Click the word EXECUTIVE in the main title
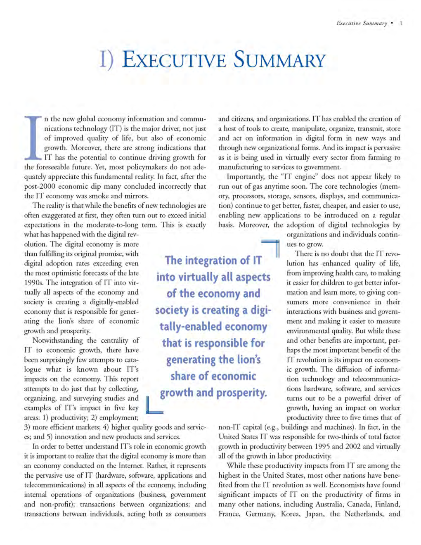coord(174,60)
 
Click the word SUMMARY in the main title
coord(279,60)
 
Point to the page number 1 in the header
coord(400,24)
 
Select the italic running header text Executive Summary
coord(362,24)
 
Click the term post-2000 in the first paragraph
coord(40,186)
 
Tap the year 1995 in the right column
coord(322,446)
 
